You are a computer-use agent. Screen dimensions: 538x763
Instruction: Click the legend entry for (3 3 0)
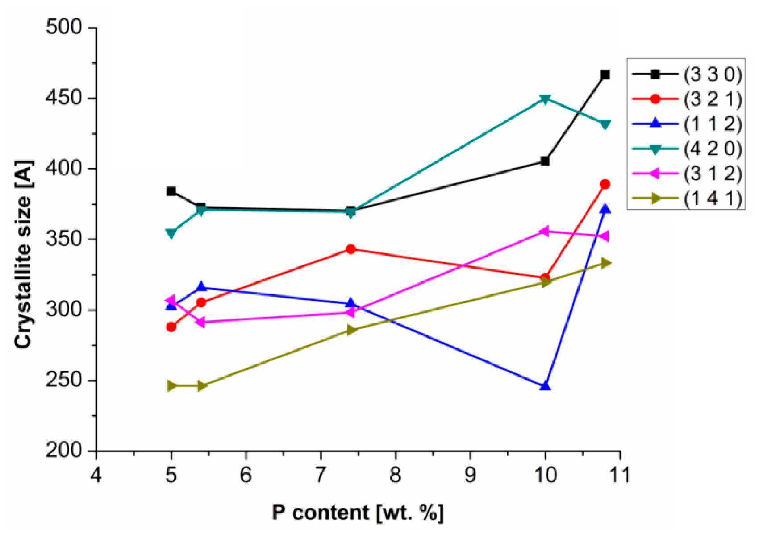(x=712, y=74)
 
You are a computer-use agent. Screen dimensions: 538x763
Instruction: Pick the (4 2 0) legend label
(x=712, y=149)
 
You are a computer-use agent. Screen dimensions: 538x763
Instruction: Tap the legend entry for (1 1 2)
(x=712, y=124)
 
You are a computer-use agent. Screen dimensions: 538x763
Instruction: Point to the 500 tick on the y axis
(x=64, y=28)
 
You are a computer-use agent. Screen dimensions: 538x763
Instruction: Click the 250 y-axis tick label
(x=64, y=381)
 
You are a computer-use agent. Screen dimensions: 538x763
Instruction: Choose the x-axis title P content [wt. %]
(x=358, y=513)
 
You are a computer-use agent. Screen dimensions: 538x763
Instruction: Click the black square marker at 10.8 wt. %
(x=605, y=74)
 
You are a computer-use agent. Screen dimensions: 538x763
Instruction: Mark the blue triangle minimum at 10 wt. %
(x=545, y=386)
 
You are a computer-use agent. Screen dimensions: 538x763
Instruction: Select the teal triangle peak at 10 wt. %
(x=545, y=99)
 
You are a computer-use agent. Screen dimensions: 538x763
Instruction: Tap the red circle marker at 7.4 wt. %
(x=350, y=249)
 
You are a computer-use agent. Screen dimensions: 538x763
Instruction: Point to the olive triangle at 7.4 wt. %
(x=350, y=330)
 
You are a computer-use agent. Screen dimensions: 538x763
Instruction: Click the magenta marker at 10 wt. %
(x=544, y=231)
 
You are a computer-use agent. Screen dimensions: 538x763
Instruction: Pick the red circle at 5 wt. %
(x=171, y=327)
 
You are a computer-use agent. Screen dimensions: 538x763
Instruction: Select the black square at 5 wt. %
(x=171, y=191)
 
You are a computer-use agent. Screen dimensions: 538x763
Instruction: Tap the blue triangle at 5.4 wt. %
(x=201, y=287)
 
